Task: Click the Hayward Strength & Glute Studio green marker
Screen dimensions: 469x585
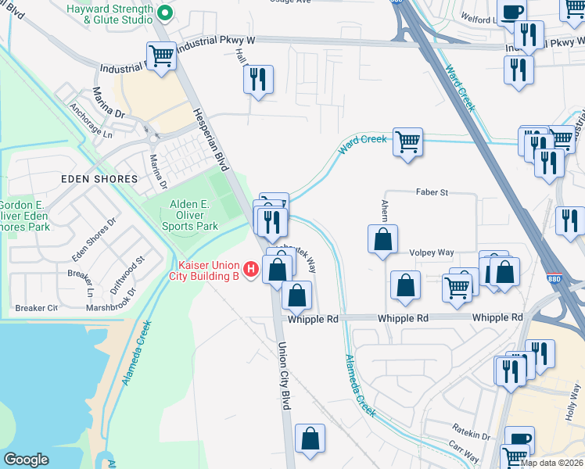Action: [x=164, y=12]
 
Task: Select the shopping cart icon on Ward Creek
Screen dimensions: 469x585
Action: [x=407, y=142]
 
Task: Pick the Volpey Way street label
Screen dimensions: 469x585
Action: [x=432, y=252]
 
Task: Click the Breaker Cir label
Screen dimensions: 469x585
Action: [x=36, y=308]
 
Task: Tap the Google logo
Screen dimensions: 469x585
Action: [x=26, y=460]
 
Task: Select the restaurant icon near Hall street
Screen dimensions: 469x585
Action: [x=257, y=79]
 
